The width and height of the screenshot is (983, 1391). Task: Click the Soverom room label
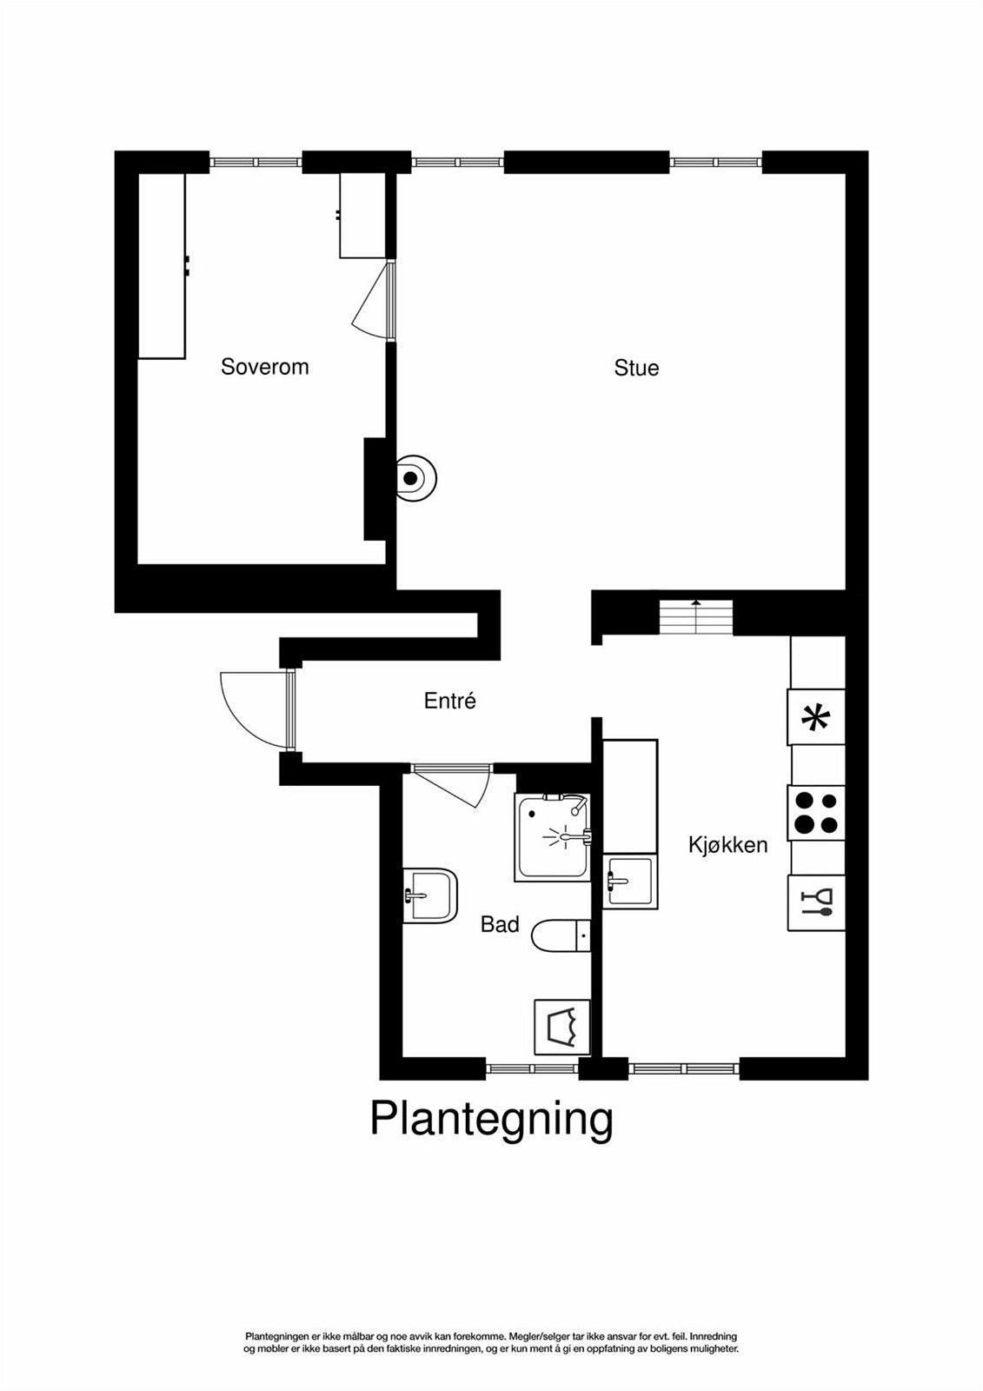click(x=264, y=366)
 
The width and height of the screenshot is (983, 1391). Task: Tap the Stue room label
click(x=636, y=368)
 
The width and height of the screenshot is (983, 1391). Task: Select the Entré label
click(x=449, y=701)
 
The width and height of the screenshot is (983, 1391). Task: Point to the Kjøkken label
click(x=727, y=844)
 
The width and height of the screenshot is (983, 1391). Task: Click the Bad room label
click(x=500, y=924)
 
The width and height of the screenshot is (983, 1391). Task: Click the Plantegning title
click(x=491, y=1119)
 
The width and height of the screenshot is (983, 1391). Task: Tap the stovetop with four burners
click(x=816, y=813)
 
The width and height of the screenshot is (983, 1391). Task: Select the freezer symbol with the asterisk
click(x=816, y=716)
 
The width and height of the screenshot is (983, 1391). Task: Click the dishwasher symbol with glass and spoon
click(x=816, y=902)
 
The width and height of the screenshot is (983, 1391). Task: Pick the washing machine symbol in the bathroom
click(x=562, y=1027)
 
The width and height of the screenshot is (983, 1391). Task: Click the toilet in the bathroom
click(x=561, y=935)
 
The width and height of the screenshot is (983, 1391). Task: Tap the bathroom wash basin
click(x=429, y=895)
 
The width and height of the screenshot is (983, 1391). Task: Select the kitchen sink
click(x=630, y=882)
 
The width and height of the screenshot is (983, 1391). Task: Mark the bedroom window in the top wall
click(x=256, y=162)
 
